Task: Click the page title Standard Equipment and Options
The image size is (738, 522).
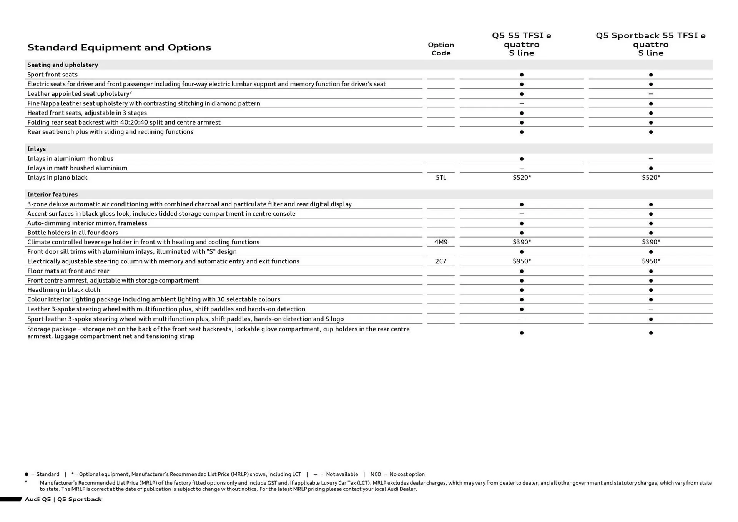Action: pos(119,48)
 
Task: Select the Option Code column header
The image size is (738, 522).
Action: pos(441,49)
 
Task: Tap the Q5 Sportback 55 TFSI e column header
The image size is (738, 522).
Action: pos(650,44)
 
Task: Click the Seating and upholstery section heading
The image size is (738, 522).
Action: pos(63,65)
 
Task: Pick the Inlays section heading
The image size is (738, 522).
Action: pos(37,149)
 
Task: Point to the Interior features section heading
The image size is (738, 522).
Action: pos(52,195)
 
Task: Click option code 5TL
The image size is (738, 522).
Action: pos(441,178)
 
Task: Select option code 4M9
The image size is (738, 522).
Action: pos(441,242)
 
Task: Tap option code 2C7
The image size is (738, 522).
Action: pos(441,261)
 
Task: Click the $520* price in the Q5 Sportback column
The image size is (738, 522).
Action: pos(651,178)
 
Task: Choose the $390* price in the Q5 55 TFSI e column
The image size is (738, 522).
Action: pos(522,242)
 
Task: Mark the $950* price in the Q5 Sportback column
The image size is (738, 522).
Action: pos(651,261)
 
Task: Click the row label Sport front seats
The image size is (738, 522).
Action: pos(52,75)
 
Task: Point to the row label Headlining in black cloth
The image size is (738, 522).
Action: pos(63,290)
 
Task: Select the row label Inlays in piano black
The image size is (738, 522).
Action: pos(57,178)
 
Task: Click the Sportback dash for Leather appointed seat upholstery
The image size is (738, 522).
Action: pos(651,94)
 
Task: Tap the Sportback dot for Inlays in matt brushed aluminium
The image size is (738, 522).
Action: pos(651,168)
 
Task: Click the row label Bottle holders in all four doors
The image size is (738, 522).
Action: pos(73,233)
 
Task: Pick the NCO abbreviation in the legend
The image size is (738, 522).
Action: pos(376,474)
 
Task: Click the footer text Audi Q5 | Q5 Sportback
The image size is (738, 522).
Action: pos(63,499)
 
